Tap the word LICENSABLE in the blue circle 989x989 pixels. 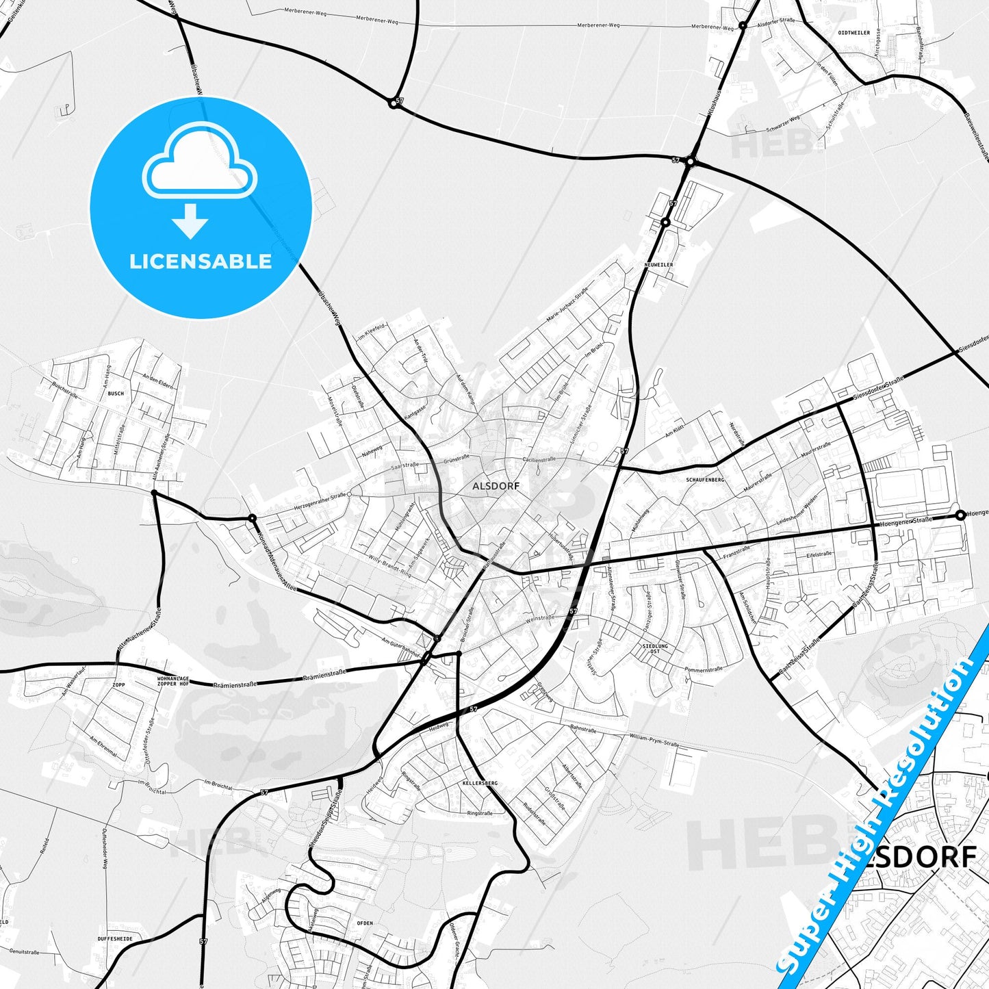tap(201, 261)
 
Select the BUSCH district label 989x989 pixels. tap(116, 394)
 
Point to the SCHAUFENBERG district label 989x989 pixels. tap(704, 480)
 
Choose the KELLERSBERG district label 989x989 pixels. tap(479, 782)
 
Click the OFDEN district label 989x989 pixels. tap(365, 923)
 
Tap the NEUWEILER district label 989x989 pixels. tap(658, 265)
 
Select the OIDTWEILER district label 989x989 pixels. tap(854, 32)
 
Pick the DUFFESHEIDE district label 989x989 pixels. tap(111, 938)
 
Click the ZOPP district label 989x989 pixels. tap(119, 684)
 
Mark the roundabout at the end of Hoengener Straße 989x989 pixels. tap(960, 515)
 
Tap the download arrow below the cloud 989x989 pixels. tap(190, 220)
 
